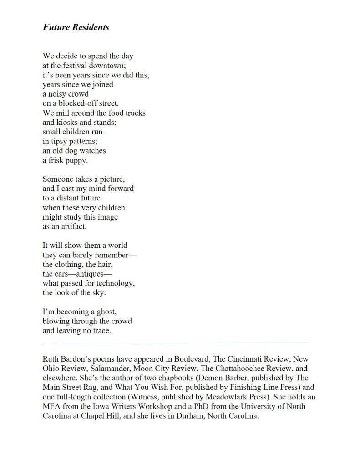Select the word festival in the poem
(76, 65)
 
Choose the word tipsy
(60, 141)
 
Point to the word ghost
(106, 312)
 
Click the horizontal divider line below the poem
(175, 343)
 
